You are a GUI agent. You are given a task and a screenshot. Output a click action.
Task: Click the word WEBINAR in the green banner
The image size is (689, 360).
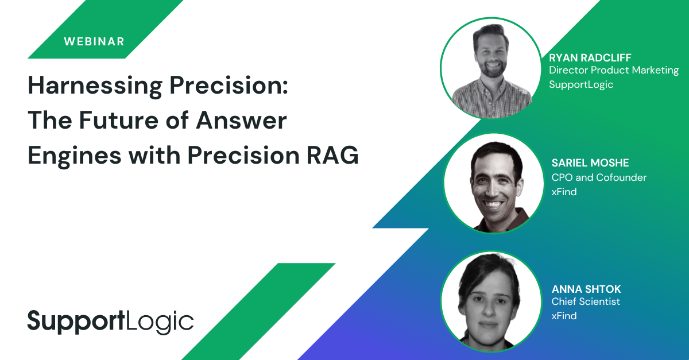(94, 41)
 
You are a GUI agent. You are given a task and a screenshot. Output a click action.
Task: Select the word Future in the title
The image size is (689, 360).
(119, 120)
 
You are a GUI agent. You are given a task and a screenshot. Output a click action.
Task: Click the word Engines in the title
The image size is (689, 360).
(75, 156)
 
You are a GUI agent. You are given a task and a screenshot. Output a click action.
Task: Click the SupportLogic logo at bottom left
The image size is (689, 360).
(111, 322)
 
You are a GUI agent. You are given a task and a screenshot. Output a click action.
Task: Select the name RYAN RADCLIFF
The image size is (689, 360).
(590, 57)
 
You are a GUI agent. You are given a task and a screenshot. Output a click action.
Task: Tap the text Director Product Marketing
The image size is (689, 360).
(614, 71)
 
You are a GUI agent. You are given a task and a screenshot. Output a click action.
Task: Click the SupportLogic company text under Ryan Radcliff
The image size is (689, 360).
(581, 84)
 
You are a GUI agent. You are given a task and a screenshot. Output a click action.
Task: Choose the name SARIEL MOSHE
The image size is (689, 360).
(590, 162)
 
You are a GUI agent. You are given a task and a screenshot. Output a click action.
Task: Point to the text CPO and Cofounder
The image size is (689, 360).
(599, 177)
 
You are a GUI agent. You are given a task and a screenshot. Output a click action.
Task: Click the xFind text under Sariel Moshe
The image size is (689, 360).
(564, 192)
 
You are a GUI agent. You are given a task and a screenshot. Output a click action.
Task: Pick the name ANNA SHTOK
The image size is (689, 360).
(586, 289)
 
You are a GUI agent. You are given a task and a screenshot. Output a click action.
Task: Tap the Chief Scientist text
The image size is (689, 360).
(585, 301)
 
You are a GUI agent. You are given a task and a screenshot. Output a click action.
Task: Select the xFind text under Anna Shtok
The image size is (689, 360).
(564, 316)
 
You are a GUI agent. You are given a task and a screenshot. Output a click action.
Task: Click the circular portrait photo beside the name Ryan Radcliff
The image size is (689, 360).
(491, 68)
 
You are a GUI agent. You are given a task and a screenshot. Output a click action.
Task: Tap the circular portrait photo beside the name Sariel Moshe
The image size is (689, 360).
(493, 183)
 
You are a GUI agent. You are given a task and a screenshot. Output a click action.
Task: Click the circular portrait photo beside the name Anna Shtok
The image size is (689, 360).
(491, 301)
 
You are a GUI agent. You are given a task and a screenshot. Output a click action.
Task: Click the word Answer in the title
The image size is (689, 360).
(241, 120)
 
